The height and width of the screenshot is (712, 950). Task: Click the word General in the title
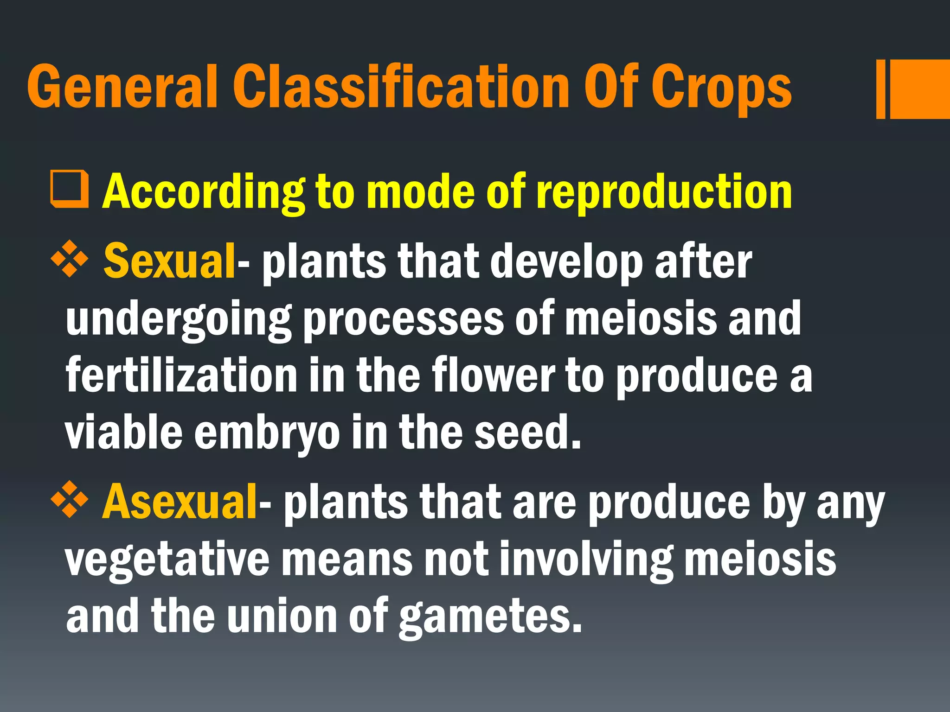(x=122, y=86)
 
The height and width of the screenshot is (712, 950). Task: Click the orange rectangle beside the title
(x=916, y=89)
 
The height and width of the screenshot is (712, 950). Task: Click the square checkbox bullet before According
(x=69, y=190)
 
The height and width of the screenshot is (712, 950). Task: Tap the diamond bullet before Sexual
(x=69, y=260)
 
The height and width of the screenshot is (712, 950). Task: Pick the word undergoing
(x=179, y=320)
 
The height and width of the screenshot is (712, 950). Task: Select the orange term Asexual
(x=180, y=502)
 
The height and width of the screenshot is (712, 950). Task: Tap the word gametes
(x=490, y=617)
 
